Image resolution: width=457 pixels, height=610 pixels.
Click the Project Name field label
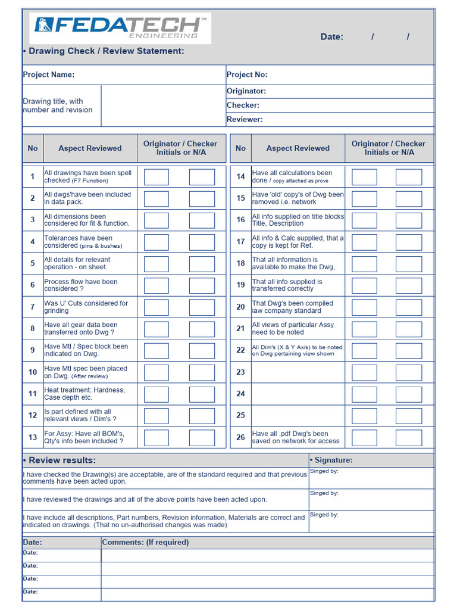tap(49, 74)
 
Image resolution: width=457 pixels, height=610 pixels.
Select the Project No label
tap(247, 74)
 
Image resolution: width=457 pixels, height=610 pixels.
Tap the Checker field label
tap(243, 105)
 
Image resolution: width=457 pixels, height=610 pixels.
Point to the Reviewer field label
tap(245, 120)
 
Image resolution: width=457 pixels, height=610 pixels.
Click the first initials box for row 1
tap(156, 177)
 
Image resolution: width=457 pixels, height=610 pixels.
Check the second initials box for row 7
tap(202, 307)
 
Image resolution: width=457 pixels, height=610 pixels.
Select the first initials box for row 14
tap(364, 177)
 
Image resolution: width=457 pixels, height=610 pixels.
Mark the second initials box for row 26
tap(408, 438)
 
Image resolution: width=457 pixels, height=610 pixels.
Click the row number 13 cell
tap(33, 438)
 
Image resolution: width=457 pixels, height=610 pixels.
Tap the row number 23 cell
tap(240, 372)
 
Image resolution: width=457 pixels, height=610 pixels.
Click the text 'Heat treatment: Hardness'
tap(84, 390)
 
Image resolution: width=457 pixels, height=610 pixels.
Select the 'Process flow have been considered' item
tap(81, 285)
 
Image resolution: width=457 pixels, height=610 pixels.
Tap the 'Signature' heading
tap(331, 460)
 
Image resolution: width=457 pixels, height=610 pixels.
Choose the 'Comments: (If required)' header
tap(145, 543)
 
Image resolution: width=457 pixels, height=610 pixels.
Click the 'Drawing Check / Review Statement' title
tap(104, 51)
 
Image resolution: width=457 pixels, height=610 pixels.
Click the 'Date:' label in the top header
tap(331, 37)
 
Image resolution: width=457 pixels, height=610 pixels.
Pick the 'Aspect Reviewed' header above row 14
tap(298, 148)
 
